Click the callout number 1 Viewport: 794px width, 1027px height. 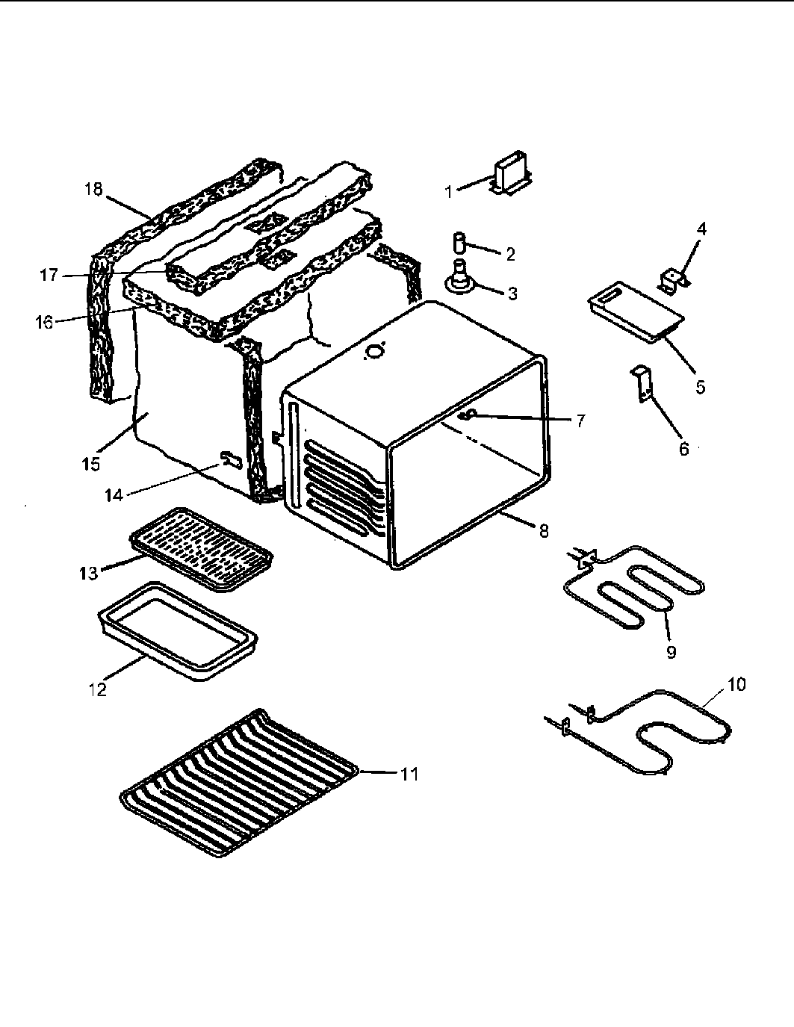pyautogui.click(x=449, y=192)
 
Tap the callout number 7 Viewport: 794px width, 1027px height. pyautogui.click(x=580, y=421)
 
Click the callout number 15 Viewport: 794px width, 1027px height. pyautogui.click(x=90, y=464)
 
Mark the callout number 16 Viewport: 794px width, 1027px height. pyautogui.click(x=43, y=323)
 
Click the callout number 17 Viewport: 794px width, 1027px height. pyautogui.click(x=49, y=275)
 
